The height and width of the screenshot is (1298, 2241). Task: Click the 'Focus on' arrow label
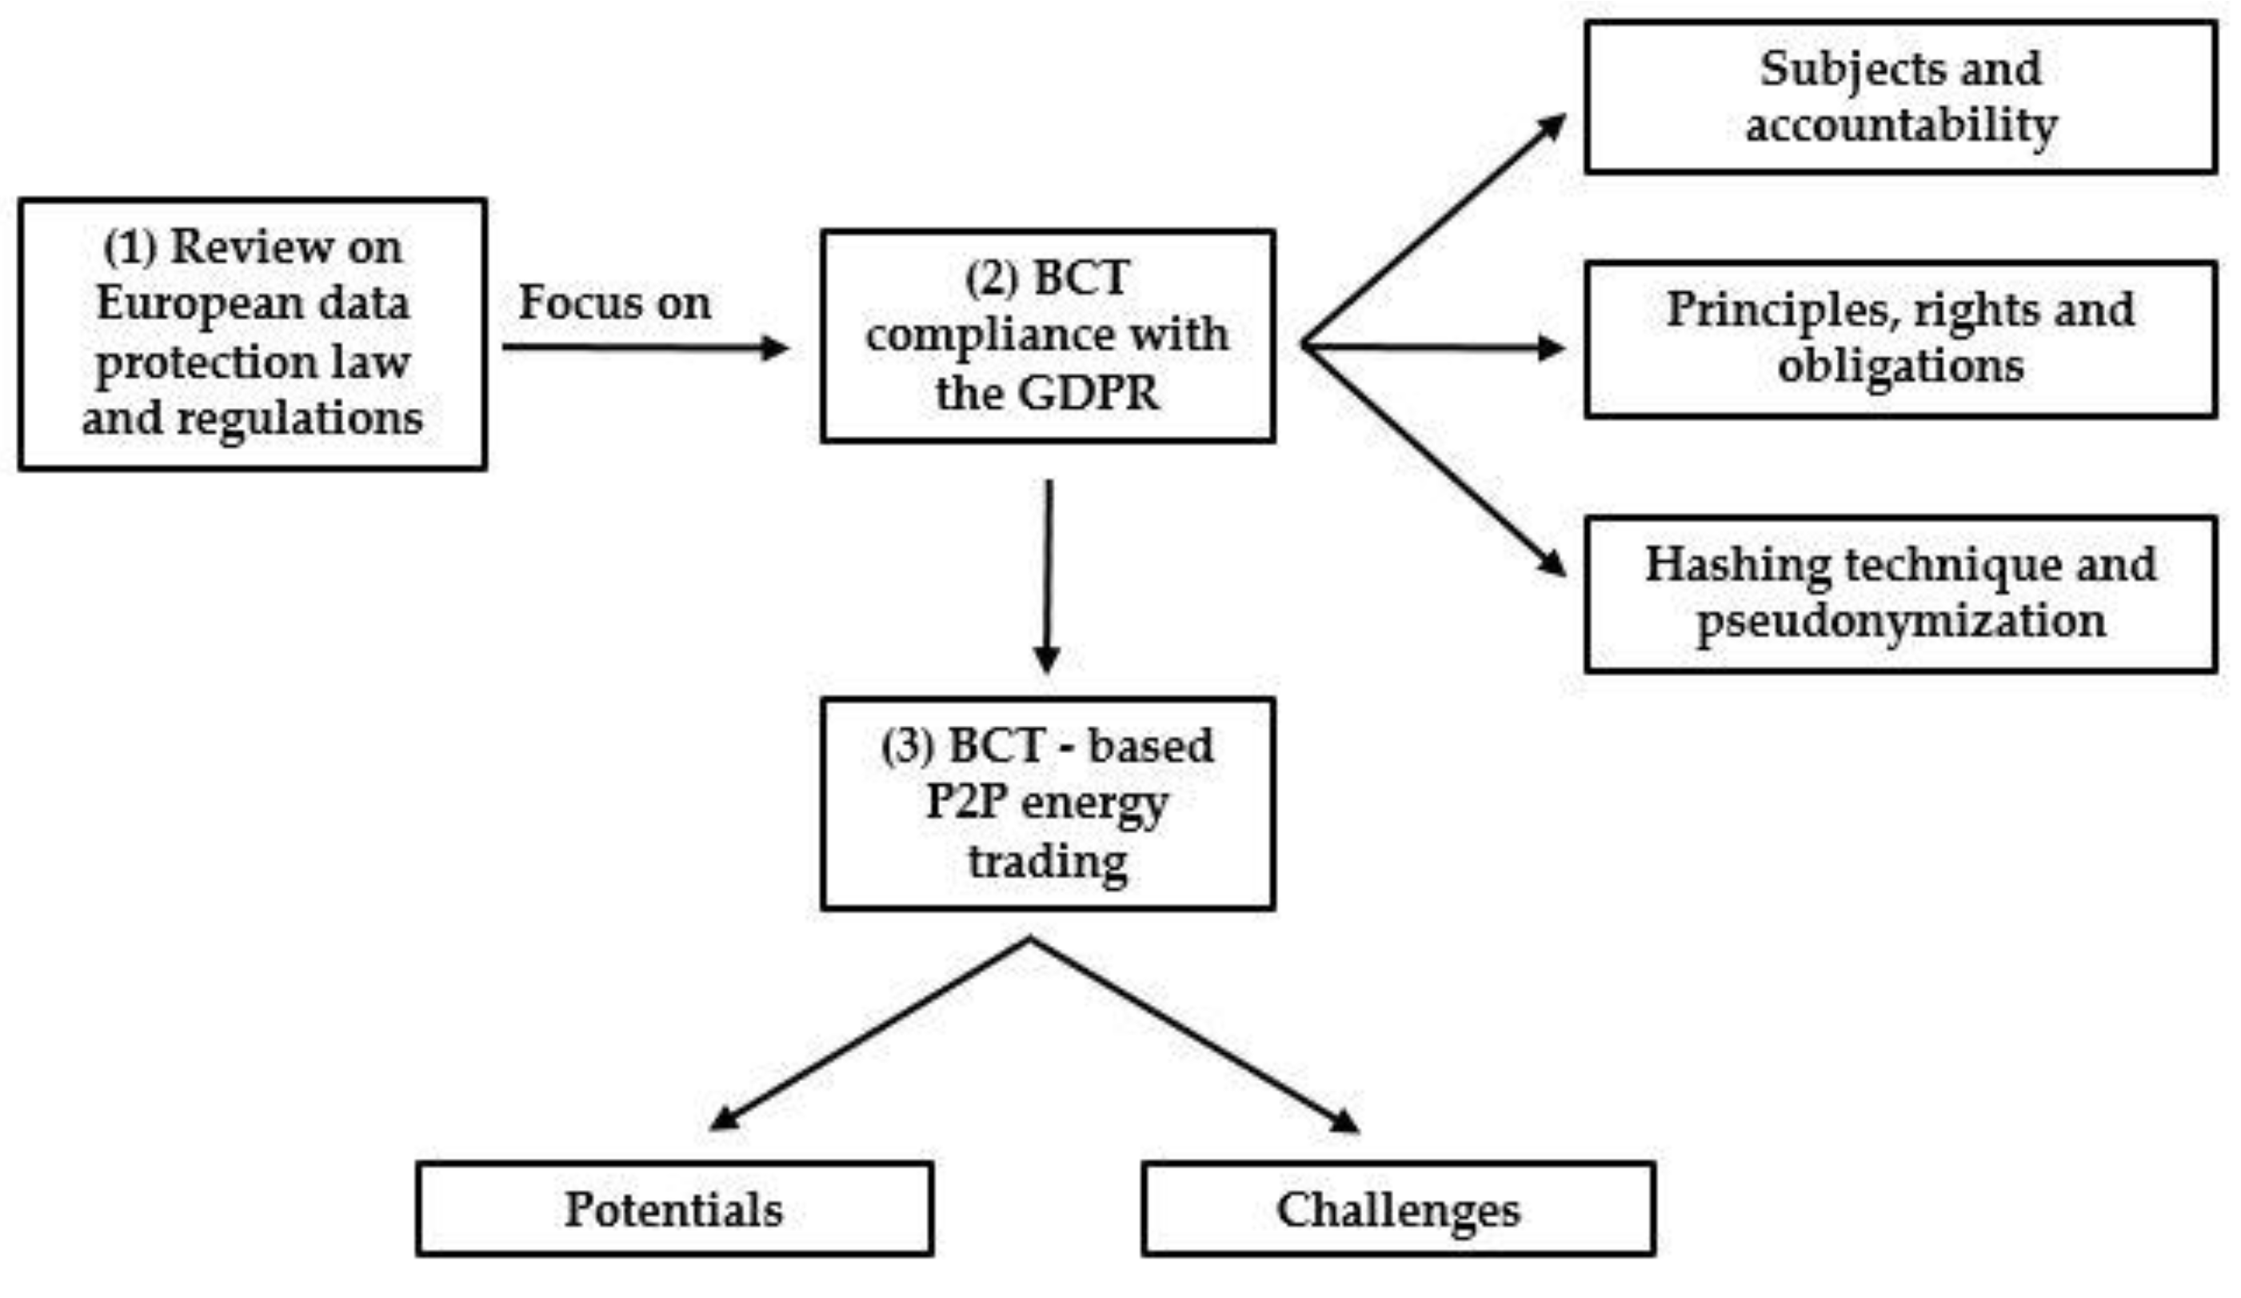614,303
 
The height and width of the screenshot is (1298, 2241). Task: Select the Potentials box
674,1209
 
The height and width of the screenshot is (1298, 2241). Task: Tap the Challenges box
1398,1209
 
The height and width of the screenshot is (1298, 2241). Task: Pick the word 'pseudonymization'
1900,620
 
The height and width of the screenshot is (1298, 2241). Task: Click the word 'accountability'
1900,126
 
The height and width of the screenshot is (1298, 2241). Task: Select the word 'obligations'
1900,366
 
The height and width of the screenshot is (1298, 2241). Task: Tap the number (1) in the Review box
130,246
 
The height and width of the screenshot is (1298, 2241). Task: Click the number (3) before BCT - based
907,746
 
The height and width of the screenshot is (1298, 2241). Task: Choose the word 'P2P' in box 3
965,803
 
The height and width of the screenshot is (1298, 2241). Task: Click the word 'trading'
1048,861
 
